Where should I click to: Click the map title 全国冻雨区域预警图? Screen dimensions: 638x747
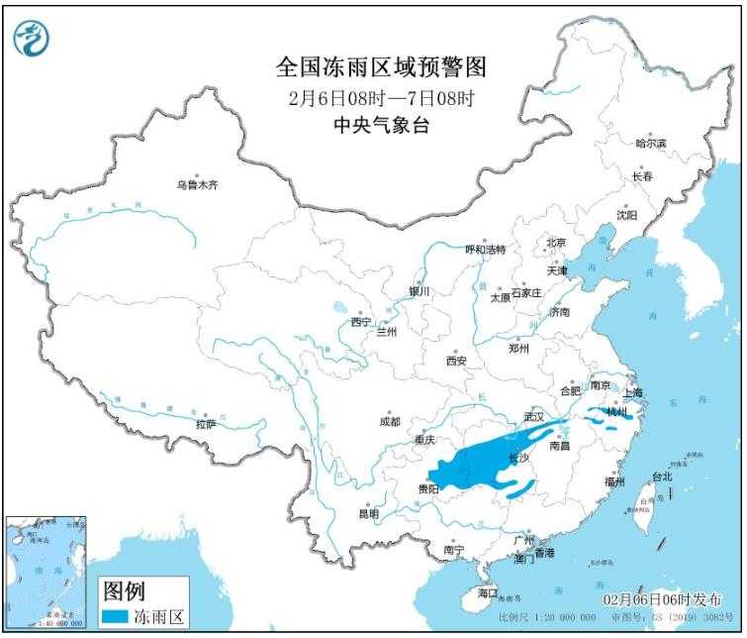[x=382, y=67]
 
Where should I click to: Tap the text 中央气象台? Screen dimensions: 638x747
[x=382, y=126]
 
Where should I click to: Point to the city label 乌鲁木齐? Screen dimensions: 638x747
[x=196, y=183]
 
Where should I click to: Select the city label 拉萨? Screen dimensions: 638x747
[x=205, y=424]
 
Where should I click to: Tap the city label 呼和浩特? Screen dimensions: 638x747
[x=485, y=249]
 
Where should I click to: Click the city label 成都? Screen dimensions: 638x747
[x=390, y=422]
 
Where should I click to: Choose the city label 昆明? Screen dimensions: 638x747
[x=368, y=513]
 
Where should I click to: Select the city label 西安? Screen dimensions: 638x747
[x=455, y=361]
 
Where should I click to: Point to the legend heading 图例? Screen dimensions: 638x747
[x=124, y=591]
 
